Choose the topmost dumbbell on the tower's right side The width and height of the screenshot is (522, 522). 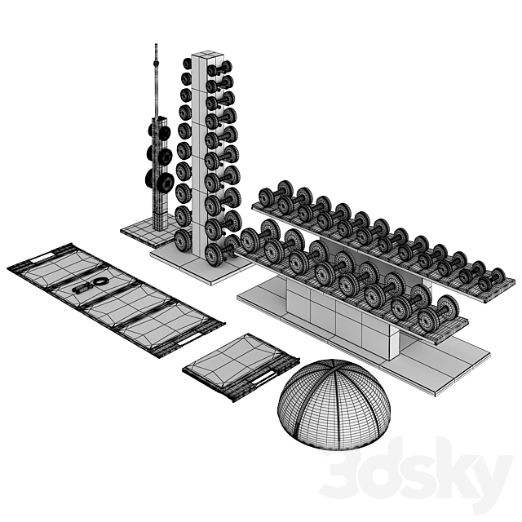(x=219, y=67)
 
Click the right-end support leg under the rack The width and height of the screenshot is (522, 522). (x=396, y=347)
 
